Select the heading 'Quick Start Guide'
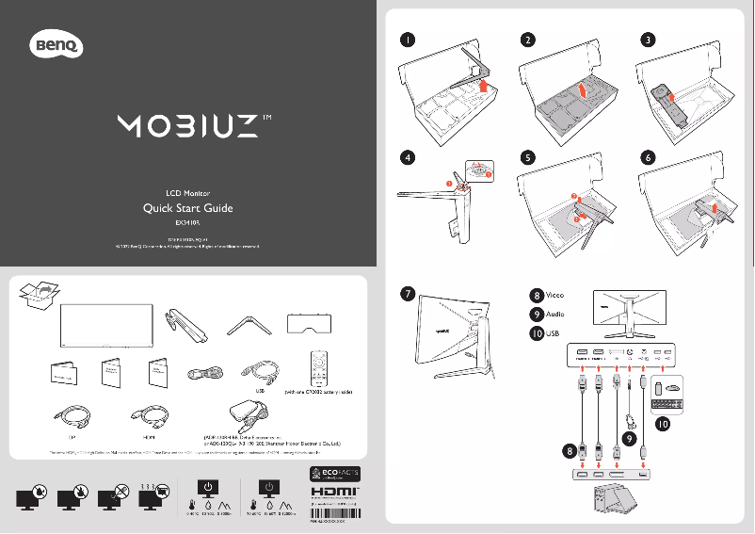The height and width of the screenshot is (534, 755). [x=186, y=207]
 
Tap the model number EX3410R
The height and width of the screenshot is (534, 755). [x=188, y=224]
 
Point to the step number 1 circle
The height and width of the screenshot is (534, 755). [x=406, y=40]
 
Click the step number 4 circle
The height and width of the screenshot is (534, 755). [x=406, y=158]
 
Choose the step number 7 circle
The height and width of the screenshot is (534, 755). [x=406, y=294]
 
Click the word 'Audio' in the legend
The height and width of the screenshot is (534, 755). [x=558, y=314]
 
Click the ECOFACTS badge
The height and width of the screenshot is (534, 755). [x=335, y=473]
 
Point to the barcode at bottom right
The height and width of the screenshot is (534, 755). [x=335, y=514]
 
